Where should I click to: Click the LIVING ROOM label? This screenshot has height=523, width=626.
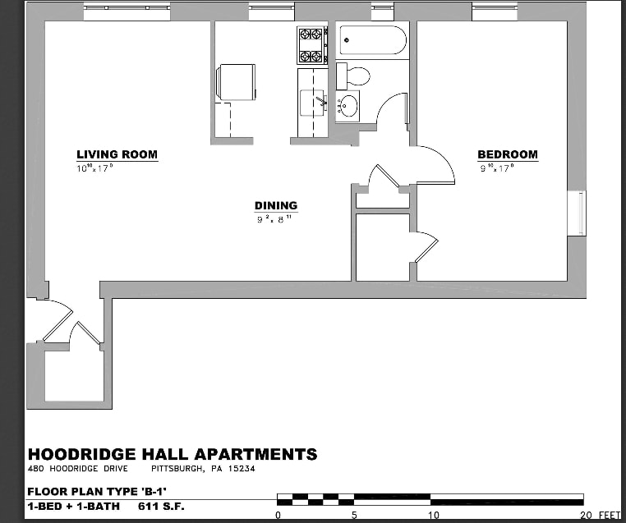tap(117, 154)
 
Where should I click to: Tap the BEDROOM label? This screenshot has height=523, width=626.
tap(508, 154)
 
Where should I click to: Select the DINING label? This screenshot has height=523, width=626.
tap(275, 206)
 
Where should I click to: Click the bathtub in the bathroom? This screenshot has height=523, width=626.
tap(372, 39)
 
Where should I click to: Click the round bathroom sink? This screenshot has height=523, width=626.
tap(348, 106)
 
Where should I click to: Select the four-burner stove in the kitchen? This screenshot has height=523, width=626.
tap(311, 45)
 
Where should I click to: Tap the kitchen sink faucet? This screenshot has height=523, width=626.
tap(320, 102)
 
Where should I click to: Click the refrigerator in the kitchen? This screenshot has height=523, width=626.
tap(236, 82)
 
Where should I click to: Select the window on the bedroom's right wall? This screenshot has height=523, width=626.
tap(578, 213)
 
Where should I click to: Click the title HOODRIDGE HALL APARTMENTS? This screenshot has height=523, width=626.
tap(173, 454)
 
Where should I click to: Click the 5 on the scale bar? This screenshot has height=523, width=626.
tap(354, 515)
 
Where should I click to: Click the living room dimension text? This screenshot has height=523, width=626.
tap(94, 167)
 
